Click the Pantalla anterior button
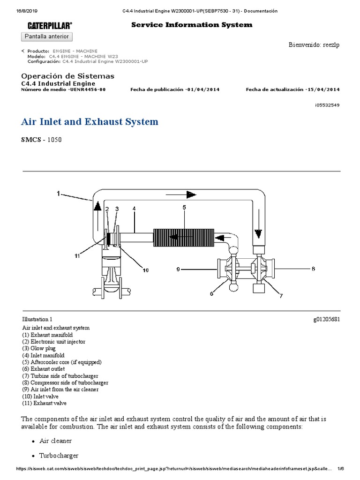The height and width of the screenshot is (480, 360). pos(47,36)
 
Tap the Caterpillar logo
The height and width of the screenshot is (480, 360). pos(50,25)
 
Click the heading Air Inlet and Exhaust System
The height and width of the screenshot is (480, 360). pos(90,122)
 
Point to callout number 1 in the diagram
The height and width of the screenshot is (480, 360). pos(59,193)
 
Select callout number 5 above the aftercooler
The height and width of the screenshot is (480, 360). pos(184,207)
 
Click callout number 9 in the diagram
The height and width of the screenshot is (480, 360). pos(178,269)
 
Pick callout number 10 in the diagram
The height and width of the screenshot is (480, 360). pos(145,270)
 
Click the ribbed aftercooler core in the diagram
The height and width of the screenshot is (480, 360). pos(184,237)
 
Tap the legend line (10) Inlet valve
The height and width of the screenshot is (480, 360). pos(40,396)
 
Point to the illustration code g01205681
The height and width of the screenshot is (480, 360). pos(327,319)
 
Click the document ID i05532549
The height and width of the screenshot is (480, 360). pos(327,105)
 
